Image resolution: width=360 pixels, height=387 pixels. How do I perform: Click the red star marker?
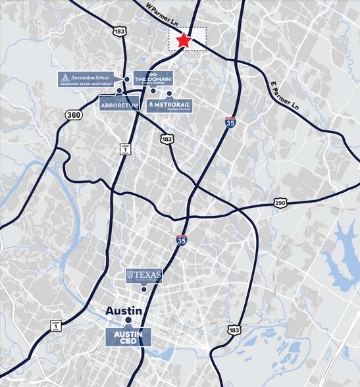click(x=184, y=41)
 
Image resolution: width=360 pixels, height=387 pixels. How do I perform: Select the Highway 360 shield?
click(x=74, y=115)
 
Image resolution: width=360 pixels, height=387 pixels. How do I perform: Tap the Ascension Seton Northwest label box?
click(x=89, y=80)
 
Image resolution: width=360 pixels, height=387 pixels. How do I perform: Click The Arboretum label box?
click(x=120, y=102)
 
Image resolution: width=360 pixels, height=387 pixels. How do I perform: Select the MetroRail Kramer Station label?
click(x=170, y=105)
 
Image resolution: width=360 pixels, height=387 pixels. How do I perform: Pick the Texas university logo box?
click(x=143, y=276)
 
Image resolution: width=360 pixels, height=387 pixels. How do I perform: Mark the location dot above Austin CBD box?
click(x=129, y=322)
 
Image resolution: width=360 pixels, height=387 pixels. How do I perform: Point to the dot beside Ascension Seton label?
click(x=126, y=79)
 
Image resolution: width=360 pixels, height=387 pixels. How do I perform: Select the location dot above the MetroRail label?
click(x=169, y=93)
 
